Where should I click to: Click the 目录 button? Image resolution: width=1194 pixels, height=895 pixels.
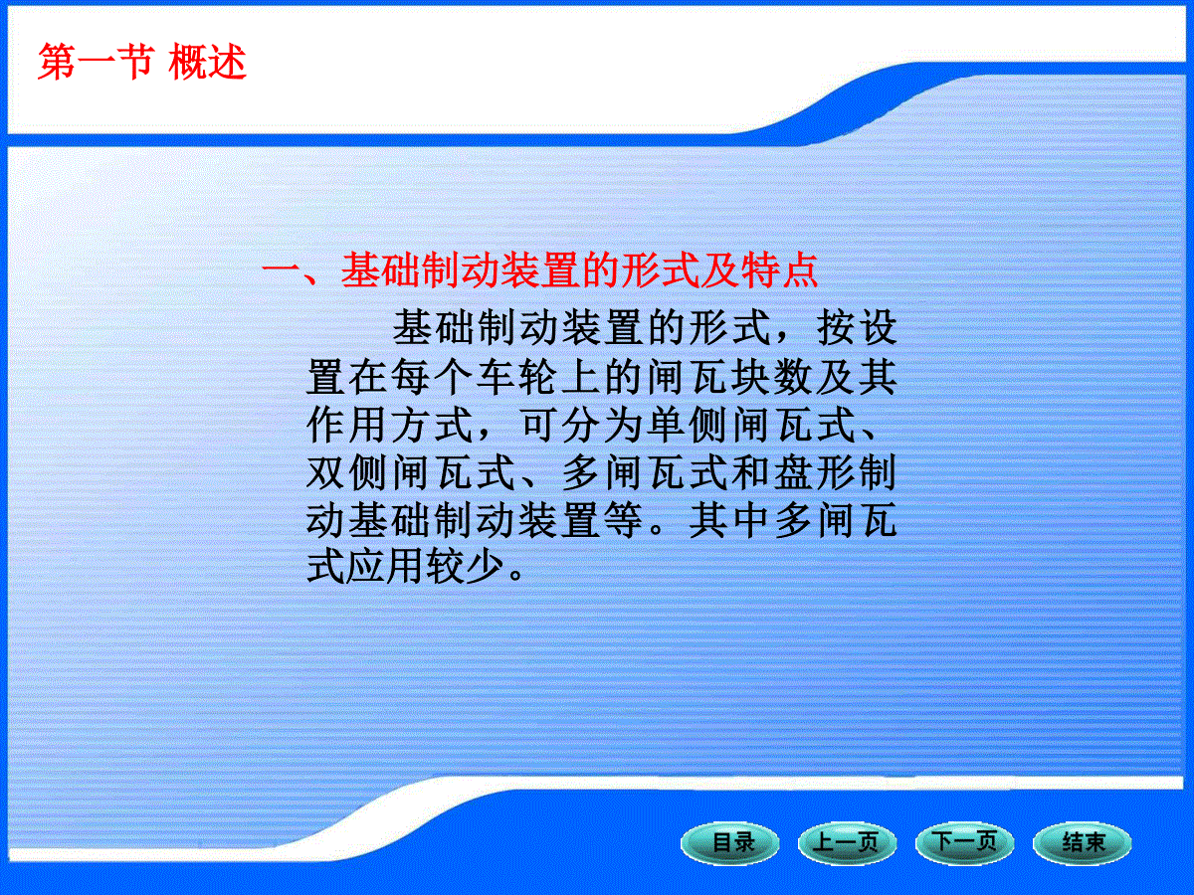[730, 843]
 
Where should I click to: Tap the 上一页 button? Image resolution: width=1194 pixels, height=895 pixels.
[847, 843]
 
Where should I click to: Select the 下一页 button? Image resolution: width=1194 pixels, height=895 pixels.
[964, 843]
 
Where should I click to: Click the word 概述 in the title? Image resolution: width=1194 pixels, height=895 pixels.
[207, 62]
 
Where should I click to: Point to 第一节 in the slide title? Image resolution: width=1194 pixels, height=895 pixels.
[97, 62]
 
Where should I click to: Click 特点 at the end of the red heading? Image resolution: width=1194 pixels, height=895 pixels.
[779, 270]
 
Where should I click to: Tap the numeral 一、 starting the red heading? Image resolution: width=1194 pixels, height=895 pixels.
[293, 270]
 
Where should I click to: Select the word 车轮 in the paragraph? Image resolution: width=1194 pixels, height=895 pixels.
[516, 377]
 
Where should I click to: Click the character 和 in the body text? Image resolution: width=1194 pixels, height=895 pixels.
[750, 472]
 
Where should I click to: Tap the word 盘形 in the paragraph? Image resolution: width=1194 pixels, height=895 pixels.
[814, 472]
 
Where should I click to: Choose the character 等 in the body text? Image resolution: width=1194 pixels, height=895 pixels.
[623, 520]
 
